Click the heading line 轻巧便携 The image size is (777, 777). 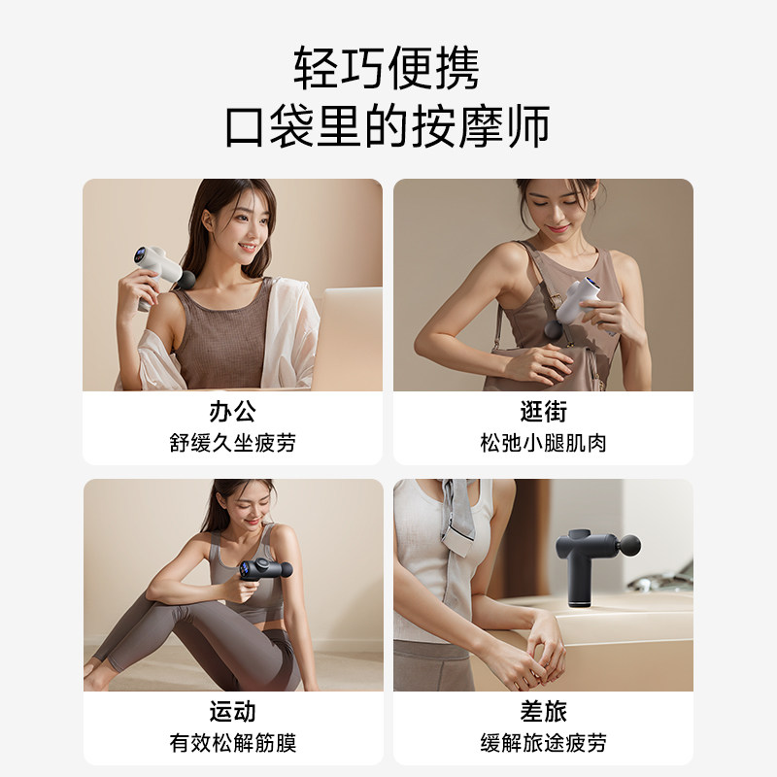coord(388,70)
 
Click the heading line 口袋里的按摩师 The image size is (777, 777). coord(388,128)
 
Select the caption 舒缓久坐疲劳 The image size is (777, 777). coord(232,443)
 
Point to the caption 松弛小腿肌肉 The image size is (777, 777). coord(543,443)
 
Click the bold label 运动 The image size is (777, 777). coord(232,711)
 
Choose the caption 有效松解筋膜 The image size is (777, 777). coord(232,743)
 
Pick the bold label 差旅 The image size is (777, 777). coord(543,711)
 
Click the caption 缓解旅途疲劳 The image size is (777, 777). coord(543,743)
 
